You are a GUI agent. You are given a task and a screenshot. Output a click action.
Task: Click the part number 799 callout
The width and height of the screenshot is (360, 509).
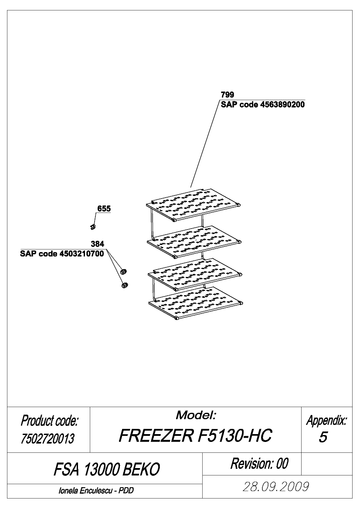tap(227, 95)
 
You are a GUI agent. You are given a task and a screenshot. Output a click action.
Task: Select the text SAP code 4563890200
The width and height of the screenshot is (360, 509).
tap(263, 104)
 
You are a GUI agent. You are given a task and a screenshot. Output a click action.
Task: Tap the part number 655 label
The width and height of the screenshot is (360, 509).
tap(104, 209)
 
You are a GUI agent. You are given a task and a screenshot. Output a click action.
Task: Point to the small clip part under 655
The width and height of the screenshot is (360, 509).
tap(93, 226)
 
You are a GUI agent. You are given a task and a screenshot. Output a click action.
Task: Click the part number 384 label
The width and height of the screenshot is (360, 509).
tap(98, 244)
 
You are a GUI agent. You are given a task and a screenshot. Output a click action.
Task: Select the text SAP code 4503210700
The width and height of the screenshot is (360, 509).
tap(62, 253)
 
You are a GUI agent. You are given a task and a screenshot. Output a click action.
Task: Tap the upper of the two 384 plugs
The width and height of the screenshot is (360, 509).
tap(123, 271)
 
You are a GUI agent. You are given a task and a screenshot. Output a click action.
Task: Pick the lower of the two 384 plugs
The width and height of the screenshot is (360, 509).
tap(125, 285)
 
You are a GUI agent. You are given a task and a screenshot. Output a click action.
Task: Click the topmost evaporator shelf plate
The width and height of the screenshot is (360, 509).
tap(194, 205)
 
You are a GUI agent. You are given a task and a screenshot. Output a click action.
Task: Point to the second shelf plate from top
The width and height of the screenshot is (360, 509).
tap(194, 242)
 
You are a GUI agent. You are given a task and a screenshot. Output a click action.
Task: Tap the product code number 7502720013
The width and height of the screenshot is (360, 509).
tap(48, 438)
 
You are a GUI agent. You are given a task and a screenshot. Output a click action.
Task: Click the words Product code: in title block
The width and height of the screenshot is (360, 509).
tap(49, 421)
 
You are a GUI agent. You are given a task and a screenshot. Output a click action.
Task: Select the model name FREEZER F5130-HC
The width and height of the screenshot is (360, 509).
tap(195, 435)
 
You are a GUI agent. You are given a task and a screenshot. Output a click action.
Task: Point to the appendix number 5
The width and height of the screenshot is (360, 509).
tap(323, 437)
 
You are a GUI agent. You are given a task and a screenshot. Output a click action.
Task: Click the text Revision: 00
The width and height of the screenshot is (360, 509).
tap(259, 464)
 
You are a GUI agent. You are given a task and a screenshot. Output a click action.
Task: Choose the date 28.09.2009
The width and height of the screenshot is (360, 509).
tap(276, 487)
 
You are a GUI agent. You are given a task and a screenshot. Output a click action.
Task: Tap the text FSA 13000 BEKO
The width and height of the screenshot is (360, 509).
tap(107, 469)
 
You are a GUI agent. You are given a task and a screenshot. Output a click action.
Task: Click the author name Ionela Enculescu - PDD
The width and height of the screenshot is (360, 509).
tap(96, 491)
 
